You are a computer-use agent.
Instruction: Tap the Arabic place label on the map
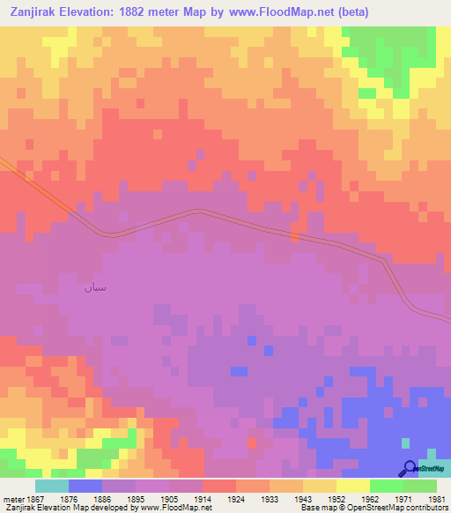95,287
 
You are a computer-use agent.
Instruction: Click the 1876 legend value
69,499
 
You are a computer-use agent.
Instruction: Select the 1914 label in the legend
203,499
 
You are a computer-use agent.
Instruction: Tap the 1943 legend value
303,499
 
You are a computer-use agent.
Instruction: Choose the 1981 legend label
437,499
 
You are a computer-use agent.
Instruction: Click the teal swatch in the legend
52,486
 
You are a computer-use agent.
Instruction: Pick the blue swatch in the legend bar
85,486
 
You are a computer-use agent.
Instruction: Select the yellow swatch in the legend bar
353,486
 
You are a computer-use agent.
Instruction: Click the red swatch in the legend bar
219,486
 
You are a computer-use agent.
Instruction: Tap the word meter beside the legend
11,499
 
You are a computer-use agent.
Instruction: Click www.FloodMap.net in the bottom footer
171,508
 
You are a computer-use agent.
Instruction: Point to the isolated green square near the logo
404,442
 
